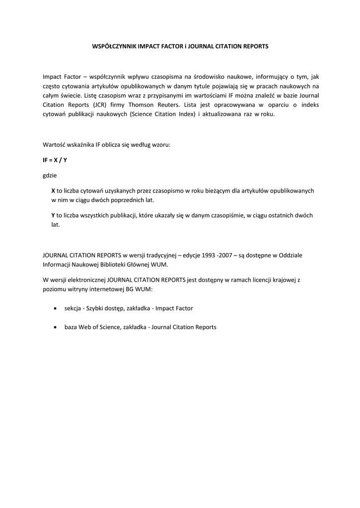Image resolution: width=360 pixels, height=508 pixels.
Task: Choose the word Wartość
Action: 55,144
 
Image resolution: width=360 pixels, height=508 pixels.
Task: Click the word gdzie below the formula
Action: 50,175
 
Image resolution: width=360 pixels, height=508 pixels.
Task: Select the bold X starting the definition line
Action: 53,190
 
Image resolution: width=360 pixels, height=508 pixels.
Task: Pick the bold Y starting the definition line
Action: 53,215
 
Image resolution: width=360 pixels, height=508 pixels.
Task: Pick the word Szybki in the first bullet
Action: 95,309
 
